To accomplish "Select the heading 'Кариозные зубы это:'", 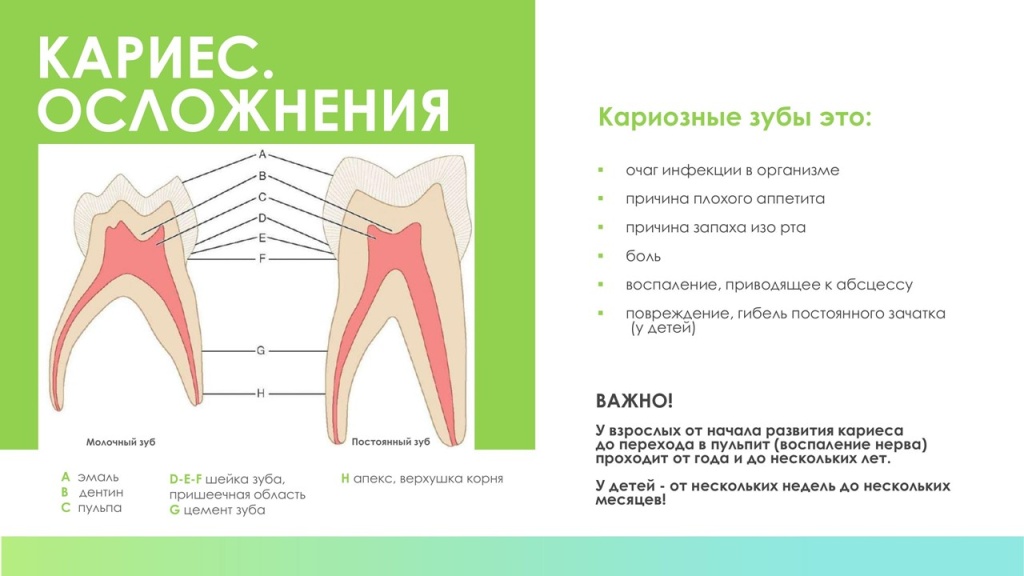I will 734,117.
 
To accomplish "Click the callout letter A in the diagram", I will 262,155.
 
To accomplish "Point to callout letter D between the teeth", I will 262,217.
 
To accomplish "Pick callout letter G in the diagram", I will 260,351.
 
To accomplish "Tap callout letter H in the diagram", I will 260,393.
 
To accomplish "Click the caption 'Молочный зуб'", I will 120,441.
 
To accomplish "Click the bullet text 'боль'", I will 640,256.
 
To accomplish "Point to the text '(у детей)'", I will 662,328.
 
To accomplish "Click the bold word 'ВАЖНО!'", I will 634,401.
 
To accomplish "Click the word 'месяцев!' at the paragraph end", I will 631,500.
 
